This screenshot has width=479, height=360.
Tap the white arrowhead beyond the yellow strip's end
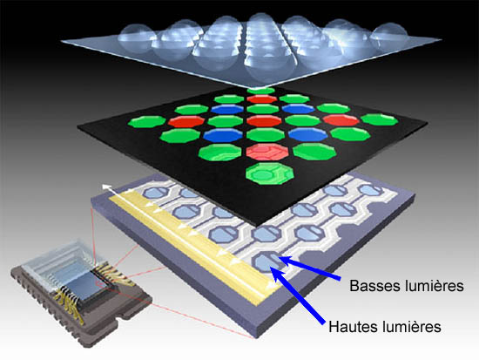click(x=106, y=187)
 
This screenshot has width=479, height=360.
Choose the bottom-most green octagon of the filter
click(x=270, y=173)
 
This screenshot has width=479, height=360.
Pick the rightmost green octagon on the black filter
click(x=379, y=119)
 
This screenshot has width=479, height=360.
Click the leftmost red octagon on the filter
click(x=186, y=121)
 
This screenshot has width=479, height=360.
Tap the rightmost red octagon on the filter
click(x=341, y=120)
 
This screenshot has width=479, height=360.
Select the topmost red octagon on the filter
click(x=262, y=99)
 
